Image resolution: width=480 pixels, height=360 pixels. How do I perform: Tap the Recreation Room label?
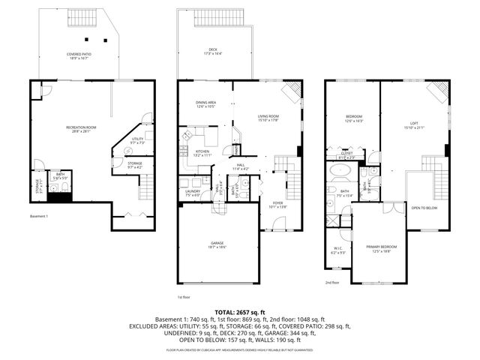(x=80, y=129)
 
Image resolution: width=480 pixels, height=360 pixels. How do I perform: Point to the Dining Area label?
(x=206, y=104)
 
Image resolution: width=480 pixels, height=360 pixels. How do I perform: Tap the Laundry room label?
(x=192, y=193)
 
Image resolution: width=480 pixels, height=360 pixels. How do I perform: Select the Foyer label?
(x=277, y=203)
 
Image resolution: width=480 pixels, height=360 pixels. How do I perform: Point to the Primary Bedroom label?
(x=382, y=248)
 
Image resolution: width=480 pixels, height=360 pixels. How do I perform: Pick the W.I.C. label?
(x=337, y=250)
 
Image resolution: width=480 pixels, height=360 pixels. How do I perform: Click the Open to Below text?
(x=424, y=208)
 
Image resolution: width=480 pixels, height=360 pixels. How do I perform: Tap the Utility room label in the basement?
(x=137, y=140)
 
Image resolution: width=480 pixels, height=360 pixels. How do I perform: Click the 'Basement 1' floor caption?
(x=39, y=217)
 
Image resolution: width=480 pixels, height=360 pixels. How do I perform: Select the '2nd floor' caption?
(x=332, y=283)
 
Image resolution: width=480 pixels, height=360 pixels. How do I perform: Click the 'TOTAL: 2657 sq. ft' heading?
(x=239, y=311)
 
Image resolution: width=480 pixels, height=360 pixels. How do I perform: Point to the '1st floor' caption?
(x=184, y=297)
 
